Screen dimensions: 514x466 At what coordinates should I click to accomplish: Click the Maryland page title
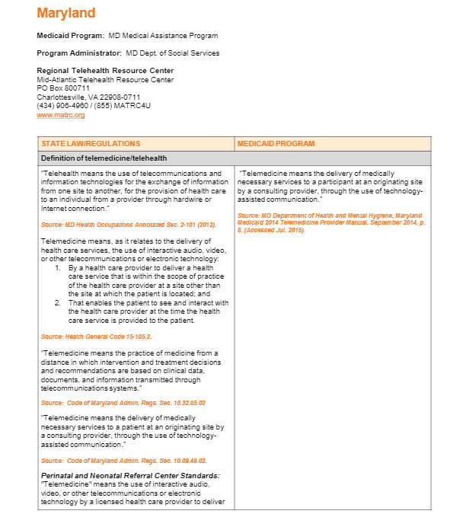[66, 13]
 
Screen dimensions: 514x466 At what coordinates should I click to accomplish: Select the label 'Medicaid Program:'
[65, 36]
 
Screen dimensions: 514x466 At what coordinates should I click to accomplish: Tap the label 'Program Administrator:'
[79, 53]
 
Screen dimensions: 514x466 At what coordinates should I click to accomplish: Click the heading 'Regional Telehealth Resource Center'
[105, 71]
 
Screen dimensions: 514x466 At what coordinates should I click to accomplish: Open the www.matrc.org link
[50, 115]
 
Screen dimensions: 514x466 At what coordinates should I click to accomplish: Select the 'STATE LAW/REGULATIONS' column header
[91, 144]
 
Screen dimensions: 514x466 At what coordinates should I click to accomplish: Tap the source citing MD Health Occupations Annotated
[129, 225]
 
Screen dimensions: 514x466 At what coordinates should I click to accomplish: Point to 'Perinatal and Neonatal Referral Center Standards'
[130, 475]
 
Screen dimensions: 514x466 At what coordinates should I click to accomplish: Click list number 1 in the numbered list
[59, 268]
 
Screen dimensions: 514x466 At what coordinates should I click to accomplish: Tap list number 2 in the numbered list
[59, 302]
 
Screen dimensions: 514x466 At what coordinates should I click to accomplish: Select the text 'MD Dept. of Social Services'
[172, 53]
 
